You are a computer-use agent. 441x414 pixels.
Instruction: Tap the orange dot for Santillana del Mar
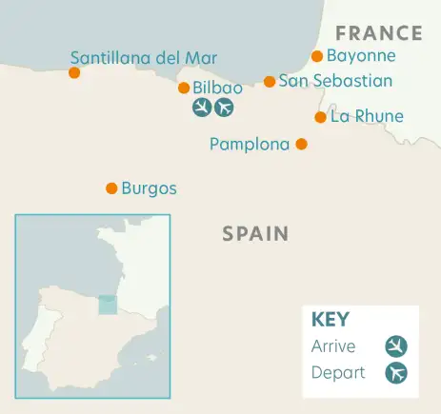(74, 72)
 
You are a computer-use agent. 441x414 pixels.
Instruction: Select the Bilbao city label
(217, 88)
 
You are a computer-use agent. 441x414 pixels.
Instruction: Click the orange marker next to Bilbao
(184, 88)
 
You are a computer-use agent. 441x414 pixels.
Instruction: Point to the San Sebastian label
(334, 81)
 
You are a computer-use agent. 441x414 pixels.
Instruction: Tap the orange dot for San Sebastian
(270, 82)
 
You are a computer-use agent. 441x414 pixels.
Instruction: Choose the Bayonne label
(360, 56)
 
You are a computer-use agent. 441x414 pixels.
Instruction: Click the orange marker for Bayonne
(317, 56)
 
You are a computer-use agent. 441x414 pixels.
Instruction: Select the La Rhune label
(367, 117)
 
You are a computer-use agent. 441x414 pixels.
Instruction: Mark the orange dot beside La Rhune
(320, 117)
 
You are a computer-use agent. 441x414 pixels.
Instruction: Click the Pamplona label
(249, 145)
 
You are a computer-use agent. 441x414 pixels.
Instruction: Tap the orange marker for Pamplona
(301, 145)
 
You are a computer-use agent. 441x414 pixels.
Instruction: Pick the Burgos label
(150, 188)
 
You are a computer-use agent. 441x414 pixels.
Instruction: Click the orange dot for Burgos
(111, 188)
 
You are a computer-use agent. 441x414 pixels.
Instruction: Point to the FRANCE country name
(379, 33)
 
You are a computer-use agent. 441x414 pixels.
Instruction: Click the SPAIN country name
(255, 233)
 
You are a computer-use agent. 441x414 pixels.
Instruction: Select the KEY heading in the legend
(331, 320)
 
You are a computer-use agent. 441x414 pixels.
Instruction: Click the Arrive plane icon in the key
(396, 345)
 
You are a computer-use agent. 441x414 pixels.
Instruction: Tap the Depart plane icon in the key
(396, 372)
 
